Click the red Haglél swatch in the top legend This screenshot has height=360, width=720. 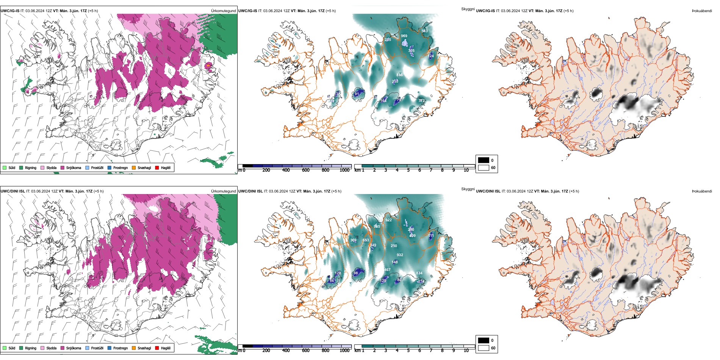[x=157, y=167]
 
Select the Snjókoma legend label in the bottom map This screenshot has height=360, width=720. [x=74, y=348]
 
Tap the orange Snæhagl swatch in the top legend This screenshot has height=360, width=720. [x=134, y=167]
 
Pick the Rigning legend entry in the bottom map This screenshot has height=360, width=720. [x=31, y=348]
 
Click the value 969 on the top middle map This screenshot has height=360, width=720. [x=404, y=36]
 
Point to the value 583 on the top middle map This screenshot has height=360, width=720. [x=424, y=31]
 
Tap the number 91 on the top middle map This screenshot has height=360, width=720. [x=357, y=94]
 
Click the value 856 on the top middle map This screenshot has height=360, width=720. [x=399, y=75]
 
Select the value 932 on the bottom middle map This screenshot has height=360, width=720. [x=400, y=255]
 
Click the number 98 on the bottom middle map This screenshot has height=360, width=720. [x=356, y=273]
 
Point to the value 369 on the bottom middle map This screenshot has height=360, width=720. [x=353, y=240]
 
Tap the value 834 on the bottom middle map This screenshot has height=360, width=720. [x=419, y=273]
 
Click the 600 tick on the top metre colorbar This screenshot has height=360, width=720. [x=306, y=170]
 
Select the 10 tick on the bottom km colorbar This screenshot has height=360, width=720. [x=466, y=351]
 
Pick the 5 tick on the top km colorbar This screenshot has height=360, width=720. [x=409, y=170]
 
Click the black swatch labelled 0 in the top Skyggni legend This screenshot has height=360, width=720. [x=484, y=160]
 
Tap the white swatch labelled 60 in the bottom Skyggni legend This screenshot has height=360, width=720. [x=484, y=348]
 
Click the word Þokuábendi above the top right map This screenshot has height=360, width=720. [x=702, y=11]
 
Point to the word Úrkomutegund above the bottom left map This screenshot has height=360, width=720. [x=224, y=191]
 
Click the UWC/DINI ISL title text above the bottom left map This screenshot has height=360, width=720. [x=13, y=191]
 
